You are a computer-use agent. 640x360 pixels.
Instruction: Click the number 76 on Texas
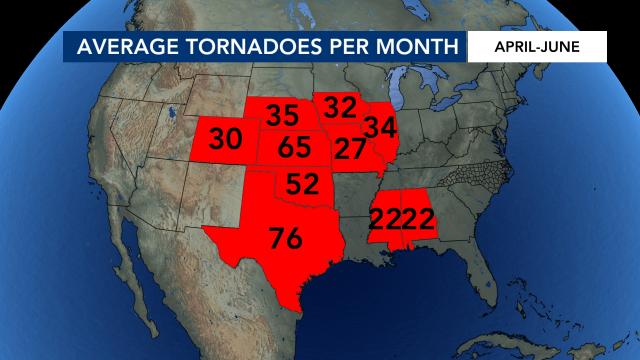286,239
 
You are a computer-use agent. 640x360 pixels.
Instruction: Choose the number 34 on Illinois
380,127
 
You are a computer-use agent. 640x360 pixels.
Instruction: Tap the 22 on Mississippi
386,218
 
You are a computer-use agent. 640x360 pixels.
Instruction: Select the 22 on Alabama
417,218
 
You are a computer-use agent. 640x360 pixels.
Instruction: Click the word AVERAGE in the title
116,47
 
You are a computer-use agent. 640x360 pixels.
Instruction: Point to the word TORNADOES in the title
248,47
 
